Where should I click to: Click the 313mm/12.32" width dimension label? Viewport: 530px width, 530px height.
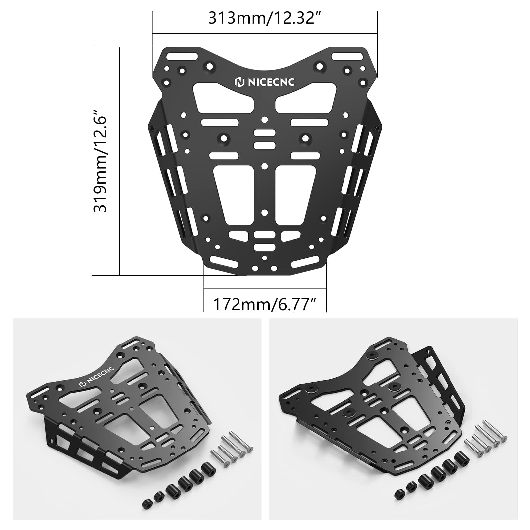pyautogui.click(x=265, y=18)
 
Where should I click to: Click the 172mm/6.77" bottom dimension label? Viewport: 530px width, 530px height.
pyautogui.click(x=265, y=304)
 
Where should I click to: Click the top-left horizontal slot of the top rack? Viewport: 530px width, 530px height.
pyautogui.click(x=182, y=56)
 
